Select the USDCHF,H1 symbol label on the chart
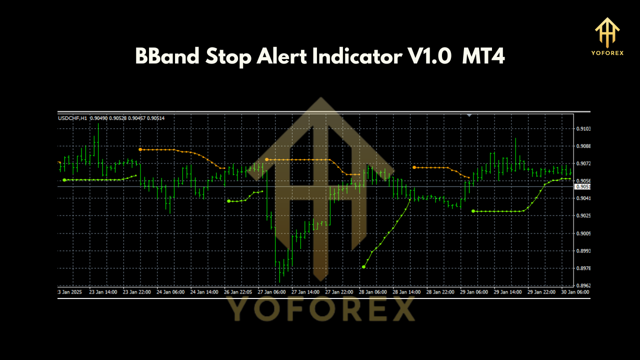(73, 118)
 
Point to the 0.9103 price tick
(583, 129)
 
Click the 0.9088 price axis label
(583, 146)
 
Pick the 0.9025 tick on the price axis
(583, 216)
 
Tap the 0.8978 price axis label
(583, 268)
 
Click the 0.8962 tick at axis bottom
(583, 286)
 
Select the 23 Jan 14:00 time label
(102, 291)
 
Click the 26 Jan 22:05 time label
(238, 291)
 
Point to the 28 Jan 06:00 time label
(372, 291)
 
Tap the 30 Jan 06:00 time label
(575, 291)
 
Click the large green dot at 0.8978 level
(363, 267)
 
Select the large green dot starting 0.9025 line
(473, 211)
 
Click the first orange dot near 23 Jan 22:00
(140, 149)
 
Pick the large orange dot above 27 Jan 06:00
(267, 159)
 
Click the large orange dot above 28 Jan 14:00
(414, 167)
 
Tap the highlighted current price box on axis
(582, 186)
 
